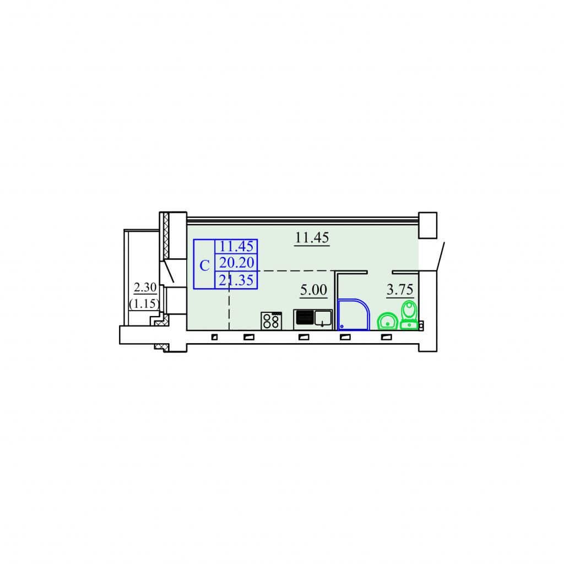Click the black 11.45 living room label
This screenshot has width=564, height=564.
point(312,237)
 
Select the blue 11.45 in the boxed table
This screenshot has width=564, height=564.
point(236,246)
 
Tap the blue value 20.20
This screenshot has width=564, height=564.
point(236,263)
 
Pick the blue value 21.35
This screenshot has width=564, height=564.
point(236,280)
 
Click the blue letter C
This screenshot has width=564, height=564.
point(204,266)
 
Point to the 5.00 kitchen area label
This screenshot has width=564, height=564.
point(313,290)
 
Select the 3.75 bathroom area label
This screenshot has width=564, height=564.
point(400,289)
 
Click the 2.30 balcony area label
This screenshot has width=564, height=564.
point(145,287)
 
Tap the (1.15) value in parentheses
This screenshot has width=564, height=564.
point(144,303)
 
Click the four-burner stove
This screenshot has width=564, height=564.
point(271,321)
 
